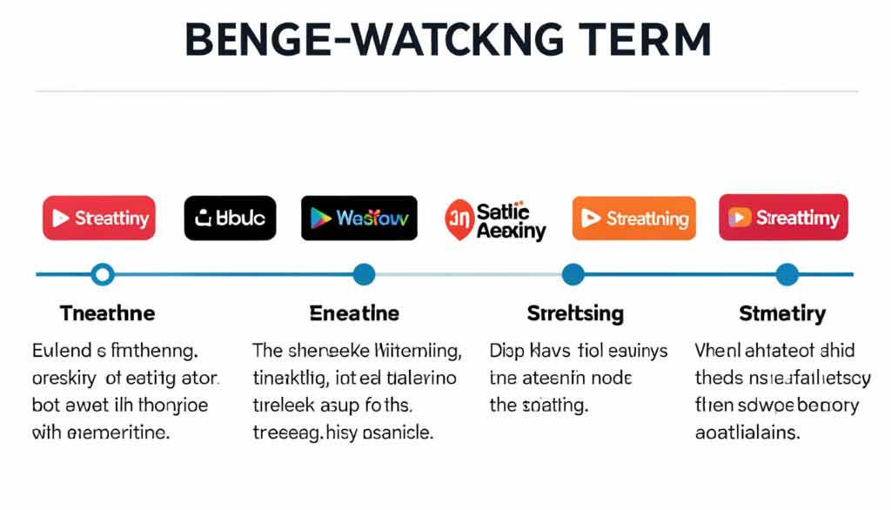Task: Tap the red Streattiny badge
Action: click(99, 218)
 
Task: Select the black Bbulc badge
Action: click(231, 218)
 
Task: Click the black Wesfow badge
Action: click(358, 218)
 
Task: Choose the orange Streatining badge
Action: click(634, 218)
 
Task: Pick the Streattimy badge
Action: click(783, 218)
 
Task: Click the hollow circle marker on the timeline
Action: click(103, 275)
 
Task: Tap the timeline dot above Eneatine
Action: click(364, 275)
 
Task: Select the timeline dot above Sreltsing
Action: click(573, 275)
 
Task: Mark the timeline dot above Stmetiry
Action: click(787, 275)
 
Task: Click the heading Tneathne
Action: click(107, 313)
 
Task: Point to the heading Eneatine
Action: click(354, 313)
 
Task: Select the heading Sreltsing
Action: click(575, 313)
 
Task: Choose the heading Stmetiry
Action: click(782, 313)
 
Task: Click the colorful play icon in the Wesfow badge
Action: click(321, 218)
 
